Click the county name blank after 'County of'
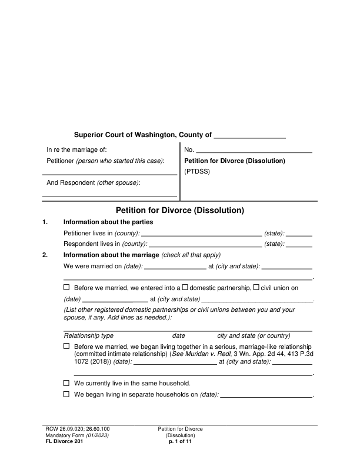coord(249,135)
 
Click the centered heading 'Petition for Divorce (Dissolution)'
coord(179,210)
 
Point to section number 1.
coord(45,222)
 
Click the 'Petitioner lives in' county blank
coord(202,233)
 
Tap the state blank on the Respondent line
coord(299,244)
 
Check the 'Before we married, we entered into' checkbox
coord(66,288)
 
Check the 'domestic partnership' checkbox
coord(185,288)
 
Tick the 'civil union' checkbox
coord(256,288)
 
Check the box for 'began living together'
coord(66,347)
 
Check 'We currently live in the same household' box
coord(66,383)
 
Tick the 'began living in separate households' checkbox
coord(66,394)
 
